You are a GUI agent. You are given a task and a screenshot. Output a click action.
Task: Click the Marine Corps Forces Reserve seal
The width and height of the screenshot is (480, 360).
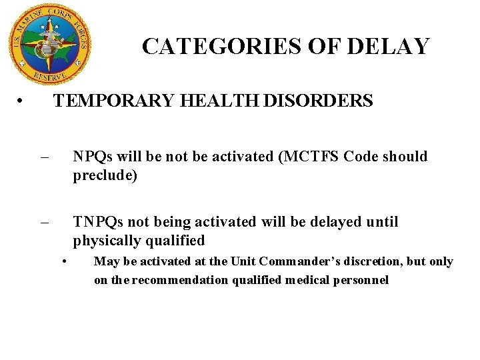[x=48, y=44]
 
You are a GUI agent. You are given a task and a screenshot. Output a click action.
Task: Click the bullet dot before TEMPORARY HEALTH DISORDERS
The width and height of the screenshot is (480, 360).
[x=22, y=101]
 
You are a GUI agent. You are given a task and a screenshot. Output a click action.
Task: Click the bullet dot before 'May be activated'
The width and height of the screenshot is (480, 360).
[x=65, y=261]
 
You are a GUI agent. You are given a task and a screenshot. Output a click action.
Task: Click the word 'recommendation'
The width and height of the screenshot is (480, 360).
[x=180, y=280]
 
